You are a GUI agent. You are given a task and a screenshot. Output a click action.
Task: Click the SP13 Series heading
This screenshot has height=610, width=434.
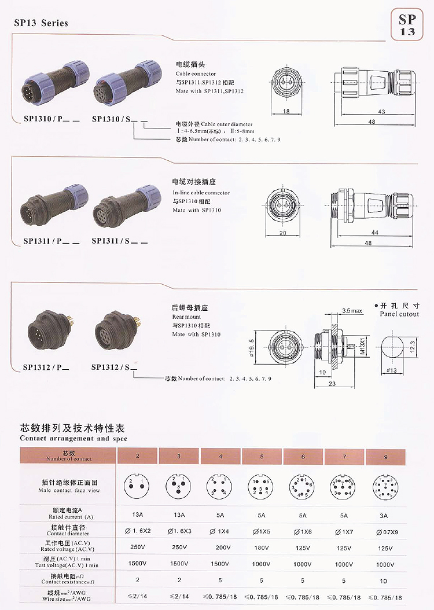(x=41, y=23)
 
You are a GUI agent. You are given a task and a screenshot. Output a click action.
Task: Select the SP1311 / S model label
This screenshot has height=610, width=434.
(x=115, y=241)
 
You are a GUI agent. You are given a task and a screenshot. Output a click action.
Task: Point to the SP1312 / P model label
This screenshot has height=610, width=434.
(x=46, y=367)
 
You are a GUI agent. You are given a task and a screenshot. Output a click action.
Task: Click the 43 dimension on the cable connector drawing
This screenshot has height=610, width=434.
(x=382, y=111)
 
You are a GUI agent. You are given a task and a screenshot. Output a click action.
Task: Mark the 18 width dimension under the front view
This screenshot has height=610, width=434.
(x=286, y=111)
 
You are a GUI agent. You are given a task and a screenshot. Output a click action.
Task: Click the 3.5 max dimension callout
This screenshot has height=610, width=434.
(x=352, y=311)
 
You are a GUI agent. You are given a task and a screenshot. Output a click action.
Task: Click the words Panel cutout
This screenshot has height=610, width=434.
(x=399, y=314)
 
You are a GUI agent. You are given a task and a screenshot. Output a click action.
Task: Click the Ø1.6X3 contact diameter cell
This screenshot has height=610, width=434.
(x=179, y=531)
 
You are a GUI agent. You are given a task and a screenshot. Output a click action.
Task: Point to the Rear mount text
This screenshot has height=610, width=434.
(x=186, y=317)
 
